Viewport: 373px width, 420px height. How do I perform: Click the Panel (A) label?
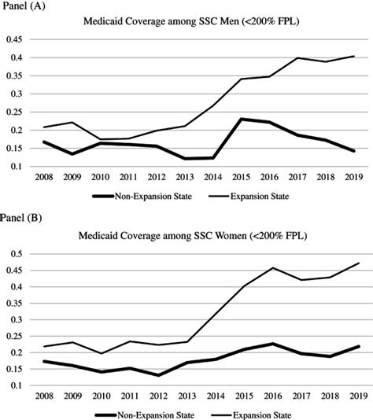24,7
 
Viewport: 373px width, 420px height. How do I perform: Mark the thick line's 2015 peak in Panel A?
242,119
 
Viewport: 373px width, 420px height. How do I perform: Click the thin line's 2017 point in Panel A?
297,57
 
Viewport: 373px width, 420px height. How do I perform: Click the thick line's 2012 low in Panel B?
159,374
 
